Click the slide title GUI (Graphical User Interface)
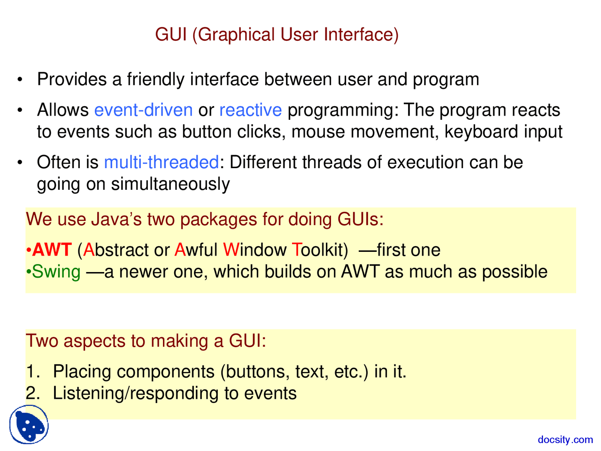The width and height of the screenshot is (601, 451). (277, 35)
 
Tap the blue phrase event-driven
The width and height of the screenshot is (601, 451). (143, 110)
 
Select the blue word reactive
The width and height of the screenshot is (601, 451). (250, 110)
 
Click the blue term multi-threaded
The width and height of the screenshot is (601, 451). (161, 163)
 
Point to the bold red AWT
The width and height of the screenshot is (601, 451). (52, 250)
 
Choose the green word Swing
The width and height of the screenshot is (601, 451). (56, 272)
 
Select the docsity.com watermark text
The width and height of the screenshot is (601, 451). (565, 440)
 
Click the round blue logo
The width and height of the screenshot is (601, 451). (29, 425)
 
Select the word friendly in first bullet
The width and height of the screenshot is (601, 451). (155, 79)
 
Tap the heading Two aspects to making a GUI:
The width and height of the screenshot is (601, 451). (146, 341)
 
